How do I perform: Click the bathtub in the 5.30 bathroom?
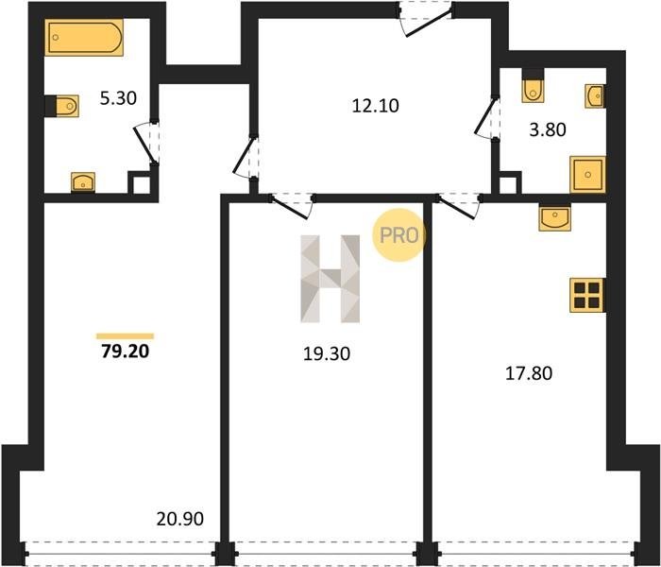pyautogui.click(x=84, y=37)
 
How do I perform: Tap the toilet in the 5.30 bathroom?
pyautogui.click(x=62, y=106)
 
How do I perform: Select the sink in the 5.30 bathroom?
pyautogui.click(x=83, y=182)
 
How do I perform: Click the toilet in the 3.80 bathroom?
pyautogui.click(x=533, y=86)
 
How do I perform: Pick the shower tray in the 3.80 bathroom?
pyautogui.click(x=587, y=174)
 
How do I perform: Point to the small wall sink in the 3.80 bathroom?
pyautogui.click(x=595, y=96)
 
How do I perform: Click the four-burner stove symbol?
pyautogui.click(x=587, y=295)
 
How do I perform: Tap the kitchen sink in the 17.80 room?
pyautogui.click(x=555, y=217)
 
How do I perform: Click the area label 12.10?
pyautogui.click(x=375, y=106)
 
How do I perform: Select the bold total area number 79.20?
pyautogui.click(x=126, y=351)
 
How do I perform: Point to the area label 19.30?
pyautogui.click(x=327, y=353)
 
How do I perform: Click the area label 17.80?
pyautogui.click(x=529, y=373)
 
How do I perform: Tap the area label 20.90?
pyautogui.click(x=180, y=519)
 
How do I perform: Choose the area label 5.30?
pyautogui.click(x=118, y=98)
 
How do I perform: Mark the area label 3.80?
pyautogui.click(x=548, y=129)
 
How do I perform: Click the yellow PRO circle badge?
pyautogui.click(x=398, y=235)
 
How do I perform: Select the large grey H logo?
pyautogui.click(x=330, y=279)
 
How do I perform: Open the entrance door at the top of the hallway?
pyautogui.click(x=426, y=20)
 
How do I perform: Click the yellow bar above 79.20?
pyautogui.click(x=126, y=336)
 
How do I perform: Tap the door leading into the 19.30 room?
pyautogui.click(x=292, y=206)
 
